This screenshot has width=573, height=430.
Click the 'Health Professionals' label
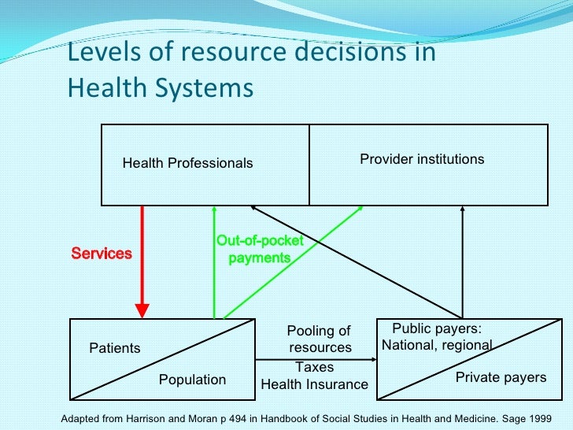pos(187,163)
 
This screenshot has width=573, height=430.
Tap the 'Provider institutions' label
pos(422,159)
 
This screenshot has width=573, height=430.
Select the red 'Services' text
pos(102,254)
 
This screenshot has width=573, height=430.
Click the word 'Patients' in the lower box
pos(115,348)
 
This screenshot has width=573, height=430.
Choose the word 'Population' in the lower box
pos(192,380)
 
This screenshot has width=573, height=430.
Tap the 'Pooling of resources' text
pos(319,339)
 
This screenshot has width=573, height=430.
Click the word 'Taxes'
pos(314,367)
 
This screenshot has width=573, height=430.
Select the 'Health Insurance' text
pos(314,384)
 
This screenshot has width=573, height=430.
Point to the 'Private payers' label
pos(501,377)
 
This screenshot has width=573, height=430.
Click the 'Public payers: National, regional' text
pos(437,337)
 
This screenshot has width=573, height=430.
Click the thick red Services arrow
pos(142,260)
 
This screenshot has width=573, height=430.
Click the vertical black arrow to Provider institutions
pos(463,260)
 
